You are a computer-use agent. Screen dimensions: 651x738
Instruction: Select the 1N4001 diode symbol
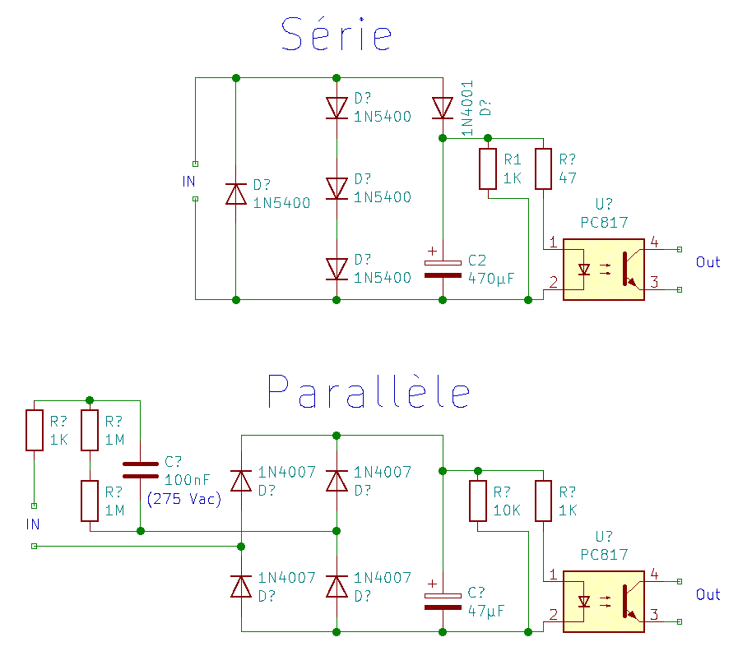click(x=443, y=108)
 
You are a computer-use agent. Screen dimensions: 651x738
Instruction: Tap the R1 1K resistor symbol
click(x=489, y=169)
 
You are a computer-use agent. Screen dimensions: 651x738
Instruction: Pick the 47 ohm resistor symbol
click(x=542, y=169)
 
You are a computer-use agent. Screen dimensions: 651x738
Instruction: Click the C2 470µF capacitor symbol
click(x=443, y=269)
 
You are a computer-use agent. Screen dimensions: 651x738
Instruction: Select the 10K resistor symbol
click(x=478, y=501)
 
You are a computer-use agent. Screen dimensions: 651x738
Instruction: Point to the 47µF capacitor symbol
click(x=443, y=601)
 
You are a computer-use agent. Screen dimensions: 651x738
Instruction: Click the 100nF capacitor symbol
click(x=140, y=470)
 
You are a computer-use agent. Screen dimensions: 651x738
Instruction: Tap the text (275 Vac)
click(x=184, y=499)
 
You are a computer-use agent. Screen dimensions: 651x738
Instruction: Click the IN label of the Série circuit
click(x=189, y=182)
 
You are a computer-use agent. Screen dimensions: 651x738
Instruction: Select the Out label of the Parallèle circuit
click(x=708, y=594)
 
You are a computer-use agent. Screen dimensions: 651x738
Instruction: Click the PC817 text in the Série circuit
click(x=604, y=222)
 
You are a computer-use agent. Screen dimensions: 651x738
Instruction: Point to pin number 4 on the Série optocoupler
click(x=653, y=242)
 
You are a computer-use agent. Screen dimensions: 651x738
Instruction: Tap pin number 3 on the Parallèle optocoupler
click(x=653, y=614)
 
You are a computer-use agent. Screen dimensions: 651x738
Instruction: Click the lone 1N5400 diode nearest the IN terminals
click(x=236, y=193)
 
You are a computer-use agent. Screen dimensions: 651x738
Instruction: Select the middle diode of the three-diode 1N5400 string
click(x=336, y=188)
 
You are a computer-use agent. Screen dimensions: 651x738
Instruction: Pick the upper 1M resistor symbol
click(x=90, y=431)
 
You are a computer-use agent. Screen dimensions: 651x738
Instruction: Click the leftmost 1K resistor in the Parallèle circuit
click(x=34, y=431)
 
